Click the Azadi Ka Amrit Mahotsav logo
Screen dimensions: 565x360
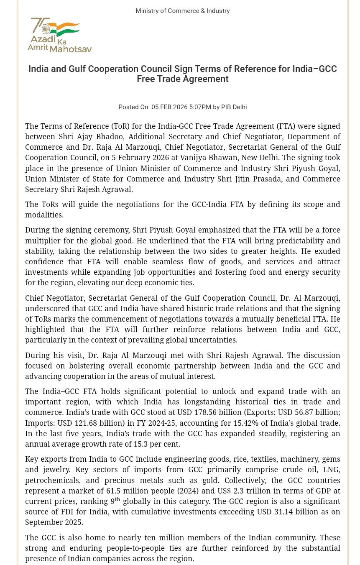pyautogui.click(x=59, y=35)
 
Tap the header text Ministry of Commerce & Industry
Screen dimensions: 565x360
pyautogui.click(x=182, y=11)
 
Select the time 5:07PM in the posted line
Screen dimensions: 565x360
pyautogui.click(x=200, y=107)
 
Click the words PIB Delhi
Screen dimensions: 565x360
pyautogui.click(x=234, y=107)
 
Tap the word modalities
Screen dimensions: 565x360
pyautogui.click(x=44, y=215)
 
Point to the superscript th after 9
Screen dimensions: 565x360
pyautogui.click(x=117, y=499)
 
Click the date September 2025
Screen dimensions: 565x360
pyautogui.click(x=54, y=522)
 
